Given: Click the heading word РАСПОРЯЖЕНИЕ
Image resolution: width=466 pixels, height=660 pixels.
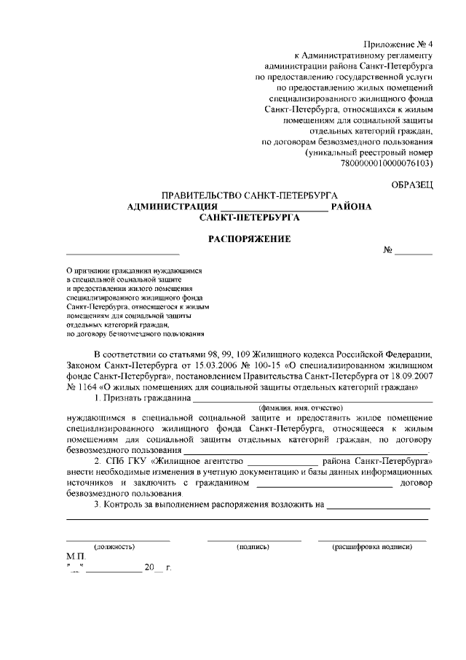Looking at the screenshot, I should [250, 238].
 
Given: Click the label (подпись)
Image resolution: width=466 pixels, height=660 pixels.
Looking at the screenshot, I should [253, 546].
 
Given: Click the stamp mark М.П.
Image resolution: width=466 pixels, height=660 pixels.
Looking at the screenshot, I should [76, 556].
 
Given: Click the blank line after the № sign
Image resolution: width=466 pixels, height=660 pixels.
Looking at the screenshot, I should [414, 252].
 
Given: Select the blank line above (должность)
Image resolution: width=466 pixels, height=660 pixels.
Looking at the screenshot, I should [118, 539].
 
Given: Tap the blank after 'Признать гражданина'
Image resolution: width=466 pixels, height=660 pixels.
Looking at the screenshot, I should [313, 400].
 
